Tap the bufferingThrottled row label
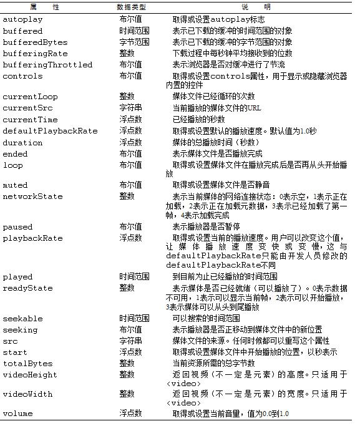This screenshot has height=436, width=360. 47,65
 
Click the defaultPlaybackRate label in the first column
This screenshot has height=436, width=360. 51,130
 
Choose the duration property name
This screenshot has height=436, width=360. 23,142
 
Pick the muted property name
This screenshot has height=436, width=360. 15,185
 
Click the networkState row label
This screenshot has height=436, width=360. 33,196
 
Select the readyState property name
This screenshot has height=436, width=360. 28,288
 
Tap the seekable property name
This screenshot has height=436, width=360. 23,319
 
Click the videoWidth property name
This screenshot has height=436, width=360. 28,394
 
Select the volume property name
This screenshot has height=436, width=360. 18,414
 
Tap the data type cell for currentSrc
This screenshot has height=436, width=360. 131,108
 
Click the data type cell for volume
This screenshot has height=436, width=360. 131,414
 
